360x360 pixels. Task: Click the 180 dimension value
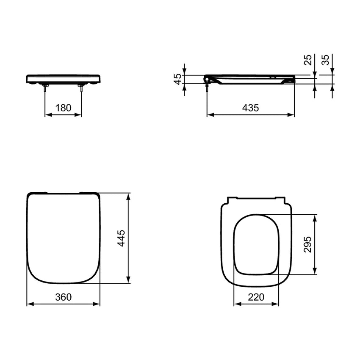(64, 108)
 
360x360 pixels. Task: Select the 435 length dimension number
(250, 108)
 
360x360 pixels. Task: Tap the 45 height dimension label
(178, 79)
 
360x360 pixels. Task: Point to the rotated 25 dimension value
(308, 60)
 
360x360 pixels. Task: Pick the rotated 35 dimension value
(325, 60)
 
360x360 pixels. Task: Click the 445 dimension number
(121, 238)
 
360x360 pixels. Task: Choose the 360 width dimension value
(64, 297)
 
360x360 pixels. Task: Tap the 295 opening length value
(307, 244)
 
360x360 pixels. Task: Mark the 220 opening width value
(256, 297)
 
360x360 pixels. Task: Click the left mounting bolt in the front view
(45, 87)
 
